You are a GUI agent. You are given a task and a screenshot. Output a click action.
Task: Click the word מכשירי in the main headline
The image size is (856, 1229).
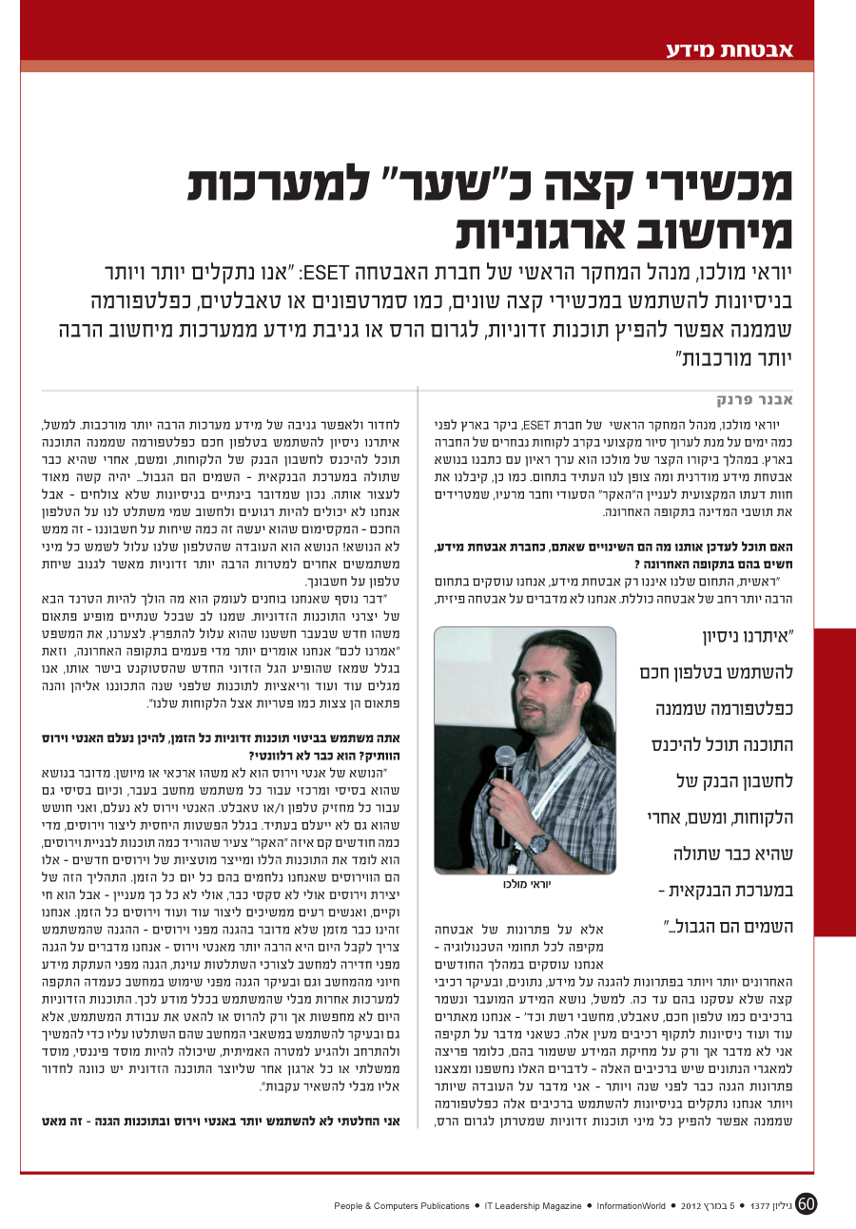tap(705, 185)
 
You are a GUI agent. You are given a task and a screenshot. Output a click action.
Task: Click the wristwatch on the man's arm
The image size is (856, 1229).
tap(540, 841)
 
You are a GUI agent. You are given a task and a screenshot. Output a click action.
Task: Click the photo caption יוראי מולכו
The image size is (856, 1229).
tap(526, 884)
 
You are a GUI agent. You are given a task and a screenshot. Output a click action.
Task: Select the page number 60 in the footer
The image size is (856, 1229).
tap(807, 1203)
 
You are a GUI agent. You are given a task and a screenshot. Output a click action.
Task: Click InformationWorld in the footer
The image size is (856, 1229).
tap(631, 1206)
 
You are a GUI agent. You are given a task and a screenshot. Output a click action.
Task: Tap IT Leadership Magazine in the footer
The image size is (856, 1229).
tap(532, 1206)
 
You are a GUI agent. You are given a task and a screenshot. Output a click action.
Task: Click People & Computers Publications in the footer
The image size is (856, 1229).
tap(402, 1206)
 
